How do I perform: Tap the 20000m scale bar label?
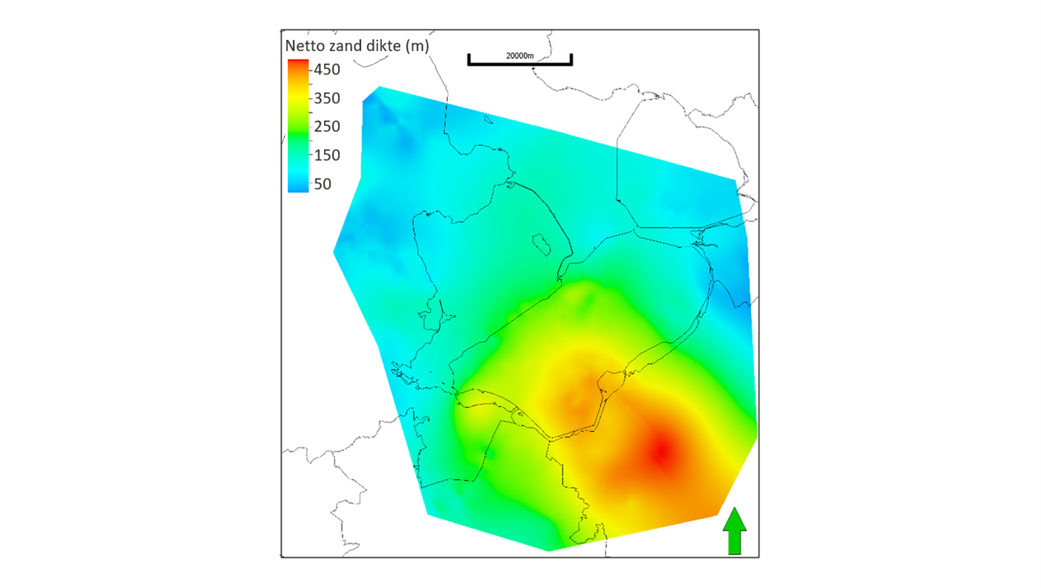(x=519, y=56)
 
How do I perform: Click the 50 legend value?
(x=322, y=184)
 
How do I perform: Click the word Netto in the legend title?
(x=304, y=46)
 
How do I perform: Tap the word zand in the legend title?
(x=346, y=46)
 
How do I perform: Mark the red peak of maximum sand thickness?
(x=662, y=452)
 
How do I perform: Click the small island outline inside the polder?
(x=541, y=243)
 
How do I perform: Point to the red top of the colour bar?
(x=298, y=63)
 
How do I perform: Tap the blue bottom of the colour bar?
(x=298, y=188)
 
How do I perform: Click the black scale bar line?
(x=519, y=64)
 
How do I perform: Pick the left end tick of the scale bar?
(x=469, y=60)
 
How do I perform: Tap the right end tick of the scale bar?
(x=571, y=60)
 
